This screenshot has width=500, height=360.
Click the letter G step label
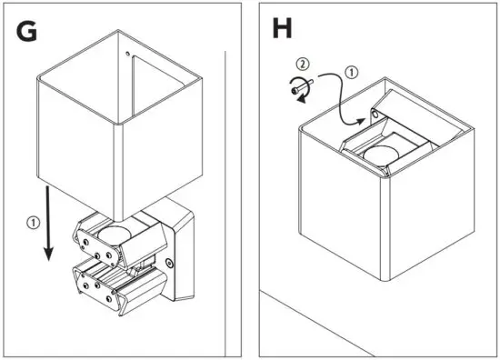27,31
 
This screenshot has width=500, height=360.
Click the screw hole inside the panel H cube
374,116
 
